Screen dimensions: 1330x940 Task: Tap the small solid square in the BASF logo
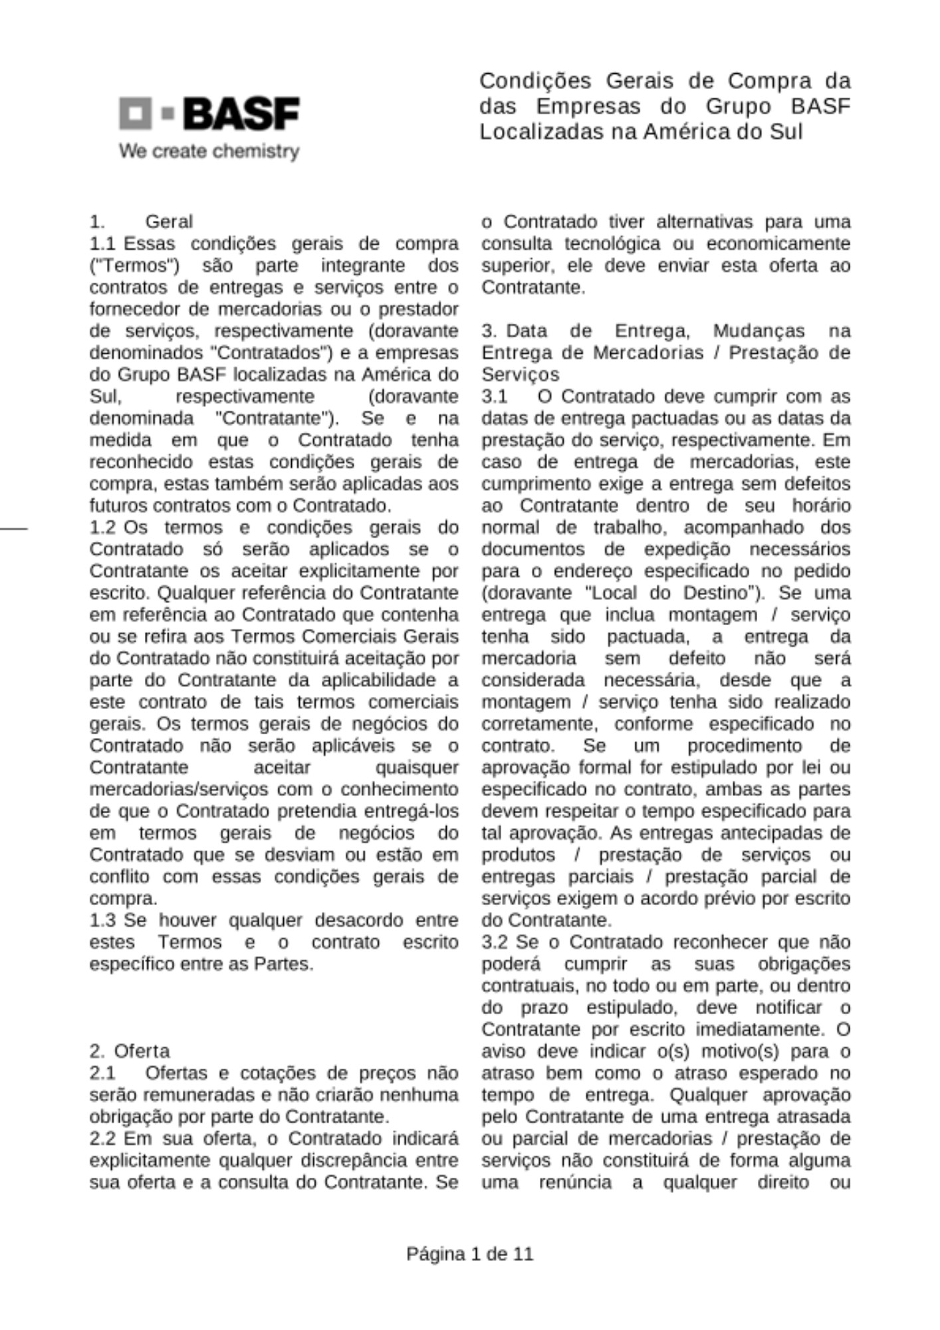pos(168,114)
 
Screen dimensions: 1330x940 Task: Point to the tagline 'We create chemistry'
pos(209,152)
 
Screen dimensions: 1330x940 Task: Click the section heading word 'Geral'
pos(169,221)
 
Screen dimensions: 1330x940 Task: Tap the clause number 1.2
pos(102,527)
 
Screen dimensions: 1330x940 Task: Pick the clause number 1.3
pos(102,920)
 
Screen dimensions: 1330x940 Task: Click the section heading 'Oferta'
pos(142,1051)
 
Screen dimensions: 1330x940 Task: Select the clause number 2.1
pos(102,1073)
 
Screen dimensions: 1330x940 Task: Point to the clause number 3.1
pos(495,396)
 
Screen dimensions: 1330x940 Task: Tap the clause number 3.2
pos(495,942)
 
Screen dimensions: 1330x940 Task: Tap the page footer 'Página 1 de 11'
pos(469,1254)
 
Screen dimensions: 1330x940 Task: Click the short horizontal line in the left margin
pos(13,528)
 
